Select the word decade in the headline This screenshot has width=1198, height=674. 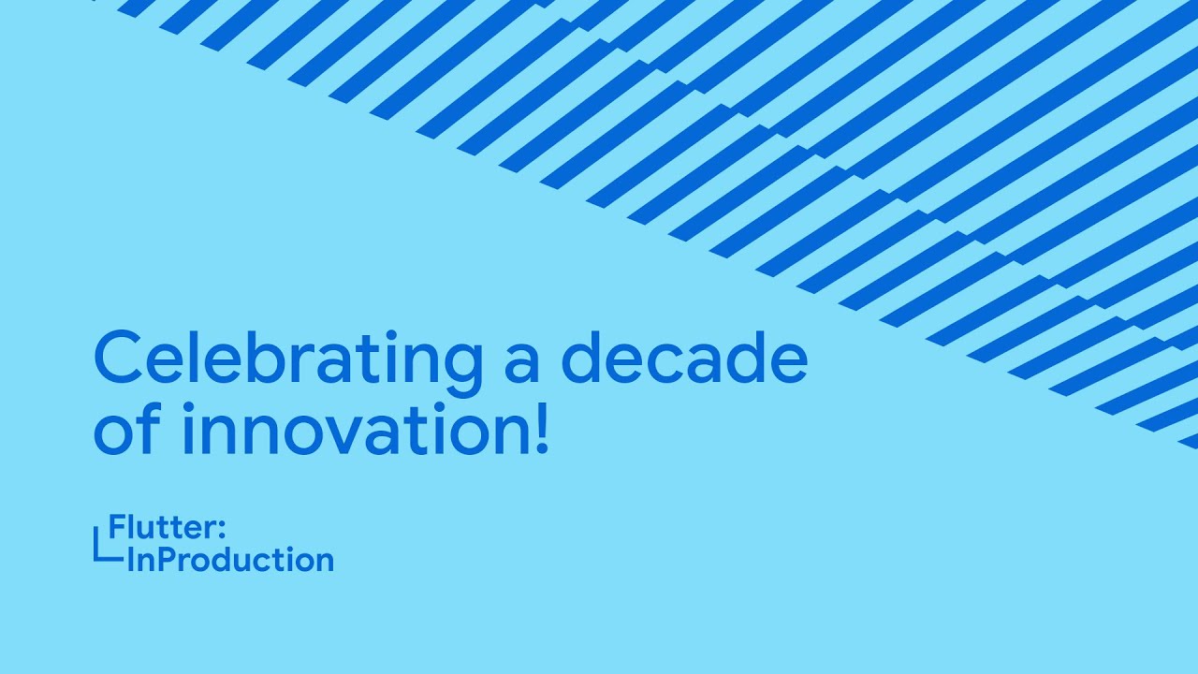coord(685,360)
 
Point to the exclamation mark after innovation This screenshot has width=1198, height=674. coord(540,427)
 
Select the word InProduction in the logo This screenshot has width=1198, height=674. coord(229,560)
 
